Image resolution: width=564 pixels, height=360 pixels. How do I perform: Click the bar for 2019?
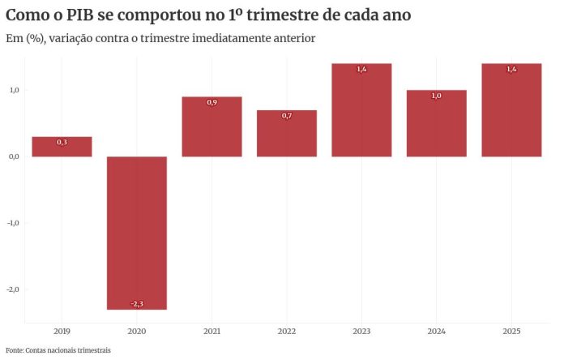[x=62, y=147]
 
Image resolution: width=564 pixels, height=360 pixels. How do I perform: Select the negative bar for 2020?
[x=137, y=232]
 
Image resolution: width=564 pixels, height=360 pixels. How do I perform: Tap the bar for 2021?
[x=211, y=126]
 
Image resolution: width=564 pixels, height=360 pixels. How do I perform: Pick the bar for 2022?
[x=287, y=133]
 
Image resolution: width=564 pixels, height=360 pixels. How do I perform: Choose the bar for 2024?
[x=437, y=123]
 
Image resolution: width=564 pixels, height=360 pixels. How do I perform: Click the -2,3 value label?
[x=137, y=304]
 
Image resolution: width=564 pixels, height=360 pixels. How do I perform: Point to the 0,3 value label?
[x=62, y=143]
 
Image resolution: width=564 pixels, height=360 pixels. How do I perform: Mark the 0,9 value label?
[x=211, y=103]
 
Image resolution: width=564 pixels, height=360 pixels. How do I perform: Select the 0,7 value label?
[x=287, y=116]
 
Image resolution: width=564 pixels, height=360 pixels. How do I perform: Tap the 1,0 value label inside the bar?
[x=437, y=96]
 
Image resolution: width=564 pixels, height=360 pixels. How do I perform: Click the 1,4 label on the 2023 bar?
[x=361, y=70]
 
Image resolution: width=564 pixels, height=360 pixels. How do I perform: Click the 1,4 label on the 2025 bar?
[x=511, y=70]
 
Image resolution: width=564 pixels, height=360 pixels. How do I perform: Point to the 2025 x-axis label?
[x=511, y=332]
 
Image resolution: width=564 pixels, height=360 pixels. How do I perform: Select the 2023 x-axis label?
[x=361, y=332]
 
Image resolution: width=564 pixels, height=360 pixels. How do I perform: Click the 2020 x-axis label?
[x=137, y=332]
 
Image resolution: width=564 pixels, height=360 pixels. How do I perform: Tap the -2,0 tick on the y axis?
[x=13, y=289]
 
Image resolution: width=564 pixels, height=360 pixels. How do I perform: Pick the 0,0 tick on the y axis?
[x=14, y=156]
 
